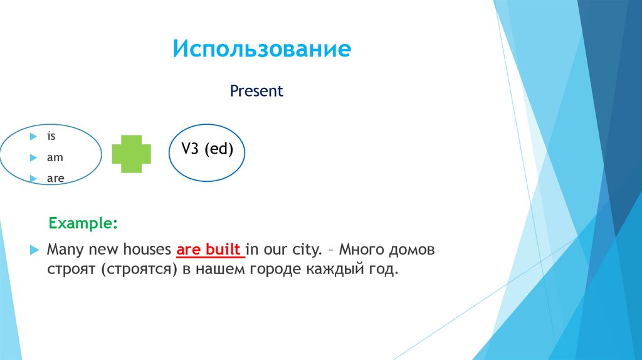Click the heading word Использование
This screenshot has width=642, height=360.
coord(262,49)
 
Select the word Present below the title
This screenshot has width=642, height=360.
coord(256,92)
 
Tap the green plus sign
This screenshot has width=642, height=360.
coord(132,154)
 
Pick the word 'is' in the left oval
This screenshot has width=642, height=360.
coord(51,135)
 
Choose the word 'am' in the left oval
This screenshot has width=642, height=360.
coord(55,157)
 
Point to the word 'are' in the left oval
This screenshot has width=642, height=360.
coord(55,179)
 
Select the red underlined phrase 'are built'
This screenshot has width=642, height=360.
coord(209,250)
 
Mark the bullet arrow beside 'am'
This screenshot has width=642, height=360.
coord(33,157)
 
